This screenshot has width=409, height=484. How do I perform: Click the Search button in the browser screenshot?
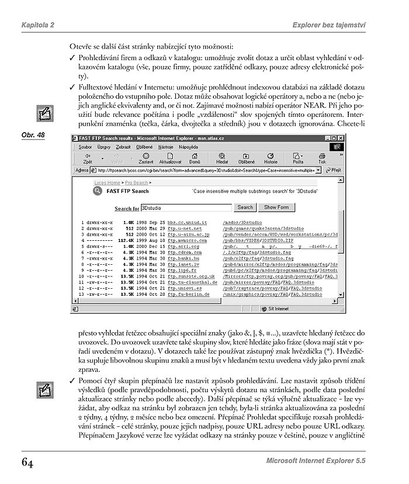(x=245, y=207)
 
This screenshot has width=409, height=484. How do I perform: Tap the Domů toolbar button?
(x=195, y=158)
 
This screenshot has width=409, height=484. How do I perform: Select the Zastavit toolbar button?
(x=146, y=158)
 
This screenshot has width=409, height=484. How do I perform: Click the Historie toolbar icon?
(x=271, y=158)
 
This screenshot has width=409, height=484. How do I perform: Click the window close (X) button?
(x=341, y=138)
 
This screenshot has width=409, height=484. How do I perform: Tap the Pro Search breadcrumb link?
(x=136, y=183)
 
